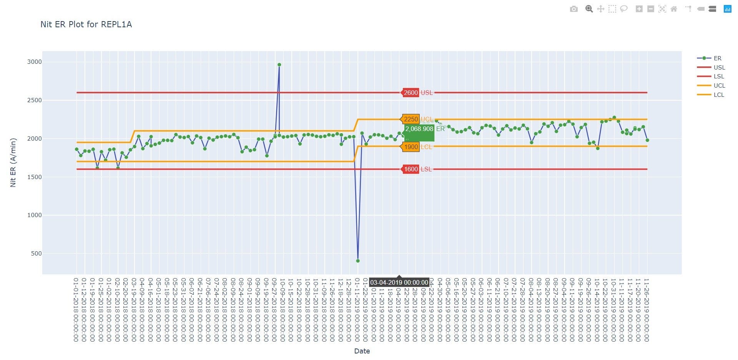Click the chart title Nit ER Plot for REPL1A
[86, 25]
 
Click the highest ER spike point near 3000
[279, 65]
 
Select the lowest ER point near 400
[358, 261]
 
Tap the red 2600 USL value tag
[411, 93]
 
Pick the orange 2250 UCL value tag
[411, 119]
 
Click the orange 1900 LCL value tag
[411, 147]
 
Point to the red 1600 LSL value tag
[411, 169]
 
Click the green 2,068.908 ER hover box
[419, 132]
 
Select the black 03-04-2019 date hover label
[399, 282]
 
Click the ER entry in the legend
[717, 58]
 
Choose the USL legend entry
[719, 68]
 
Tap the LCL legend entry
[719, 95]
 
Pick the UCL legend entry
[719, 86]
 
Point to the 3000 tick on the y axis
[34, 62]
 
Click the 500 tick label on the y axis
[36, 254]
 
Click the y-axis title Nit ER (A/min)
[13, 163]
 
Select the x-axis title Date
[362, 351]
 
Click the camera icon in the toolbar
[573, 9]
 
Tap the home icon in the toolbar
[674, 9]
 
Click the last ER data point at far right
[647, 140]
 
